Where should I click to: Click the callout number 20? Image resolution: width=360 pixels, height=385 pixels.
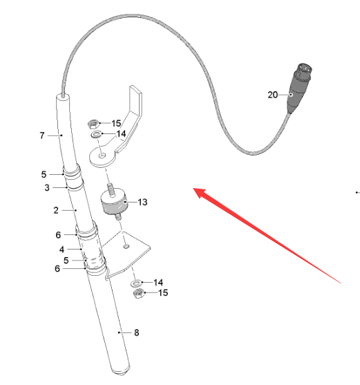(x=273, y=95)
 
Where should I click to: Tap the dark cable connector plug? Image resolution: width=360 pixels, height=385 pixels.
(x=299, y=88)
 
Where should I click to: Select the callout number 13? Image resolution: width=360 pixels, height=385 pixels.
(x=142, y=202)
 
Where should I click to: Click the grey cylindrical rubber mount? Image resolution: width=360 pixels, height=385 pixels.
(x=113, y=201)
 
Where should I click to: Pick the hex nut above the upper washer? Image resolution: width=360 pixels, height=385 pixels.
(x=93, y=124)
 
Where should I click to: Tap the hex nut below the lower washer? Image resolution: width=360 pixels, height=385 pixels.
(x=139, y=293)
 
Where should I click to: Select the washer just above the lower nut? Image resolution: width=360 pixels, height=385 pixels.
(x=136, y=283)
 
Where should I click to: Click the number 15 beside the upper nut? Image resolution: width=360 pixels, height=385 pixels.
(x=116, y=123)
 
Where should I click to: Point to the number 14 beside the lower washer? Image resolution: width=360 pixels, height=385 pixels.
(x=158, y=283)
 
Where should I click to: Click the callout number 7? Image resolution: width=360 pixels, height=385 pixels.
(x=42, y=135)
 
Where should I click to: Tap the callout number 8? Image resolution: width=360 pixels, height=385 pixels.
(x=137, y=332)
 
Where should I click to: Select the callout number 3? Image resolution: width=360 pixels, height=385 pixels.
(x=47, y=188)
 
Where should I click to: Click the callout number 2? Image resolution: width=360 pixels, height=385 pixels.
(x=56, y=210)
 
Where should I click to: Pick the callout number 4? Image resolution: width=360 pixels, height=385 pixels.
(x=61, y=250)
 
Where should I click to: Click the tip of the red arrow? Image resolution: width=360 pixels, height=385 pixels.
(x=193, y=189)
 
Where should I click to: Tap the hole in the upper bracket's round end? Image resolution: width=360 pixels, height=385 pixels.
(x=102, y=156)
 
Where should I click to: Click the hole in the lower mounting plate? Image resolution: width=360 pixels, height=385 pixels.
(x=126, y=246)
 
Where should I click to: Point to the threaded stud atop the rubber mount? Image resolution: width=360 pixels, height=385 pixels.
(x=111, y=190)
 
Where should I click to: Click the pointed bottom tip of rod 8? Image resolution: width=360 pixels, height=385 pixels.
(x=122, y=374)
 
